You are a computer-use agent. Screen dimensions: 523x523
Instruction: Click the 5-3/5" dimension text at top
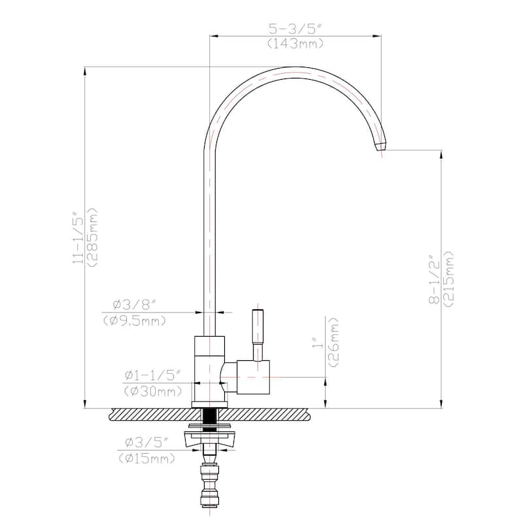click(295, 29)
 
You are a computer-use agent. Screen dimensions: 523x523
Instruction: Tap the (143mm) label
click(295, 44)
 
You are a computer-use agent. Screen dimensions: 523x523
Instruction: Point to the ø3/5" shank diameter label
click(147, 443)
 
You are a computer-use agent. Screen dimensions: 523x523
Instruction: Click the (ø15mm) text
click(147, 458)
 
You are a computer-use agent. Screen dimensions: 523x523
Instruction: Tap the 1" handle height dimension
click(318, 343)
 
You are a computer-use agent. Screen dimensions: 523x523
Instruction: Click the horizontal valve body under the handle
click(252, 377)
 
